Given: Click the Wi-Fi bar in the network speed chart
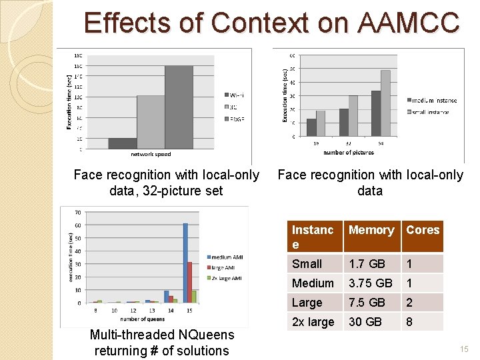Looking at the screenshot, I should pos(122,143).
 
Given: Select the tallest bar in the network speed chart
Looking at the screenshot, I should pos(179,107).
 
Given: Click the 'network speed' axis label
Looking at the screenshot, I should pos(150,154).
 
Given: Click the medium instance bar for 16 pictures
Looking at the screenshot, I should pos(311,127).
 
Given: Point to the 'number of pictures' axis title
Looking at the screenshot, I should pos(349,153).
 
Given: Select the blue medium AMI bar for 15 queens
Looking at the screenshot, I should pos(185,263).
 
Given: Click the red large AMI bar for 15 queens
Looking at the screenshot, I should pos(190,282).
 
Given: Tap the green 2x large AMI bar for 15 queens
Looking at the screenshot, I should pos(194,296).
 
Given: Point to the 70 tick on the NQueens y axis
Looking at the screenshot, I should pos(77,213).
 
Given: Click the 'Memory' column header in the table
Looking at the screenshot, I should pos(371,230).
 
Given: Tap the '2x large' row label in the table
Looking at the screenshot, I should pos(313,322).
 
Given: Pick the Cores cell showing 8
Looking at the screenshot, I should pos(410,322).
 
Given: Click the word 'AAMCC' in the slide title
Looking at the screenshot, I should pos(409,23).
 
